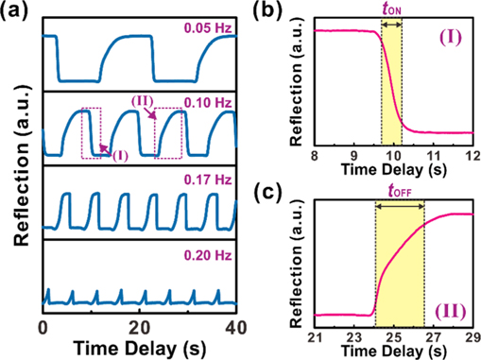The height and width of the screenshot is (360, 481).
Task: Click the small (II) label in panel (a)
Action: [x=138, y=99]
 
